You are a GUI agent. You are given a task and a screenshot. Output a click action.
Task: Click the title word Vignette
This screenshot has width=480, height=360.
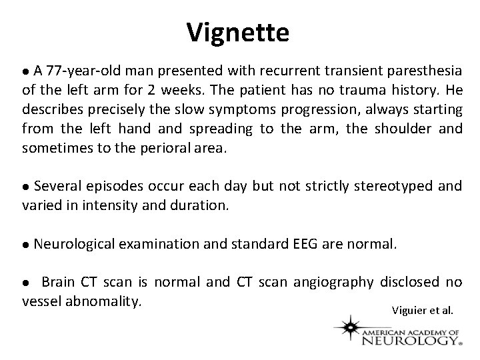[238, 31]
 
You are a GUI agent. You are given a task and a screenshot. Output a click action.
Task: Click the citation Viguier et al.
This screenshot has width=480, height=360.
[422, 310]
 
